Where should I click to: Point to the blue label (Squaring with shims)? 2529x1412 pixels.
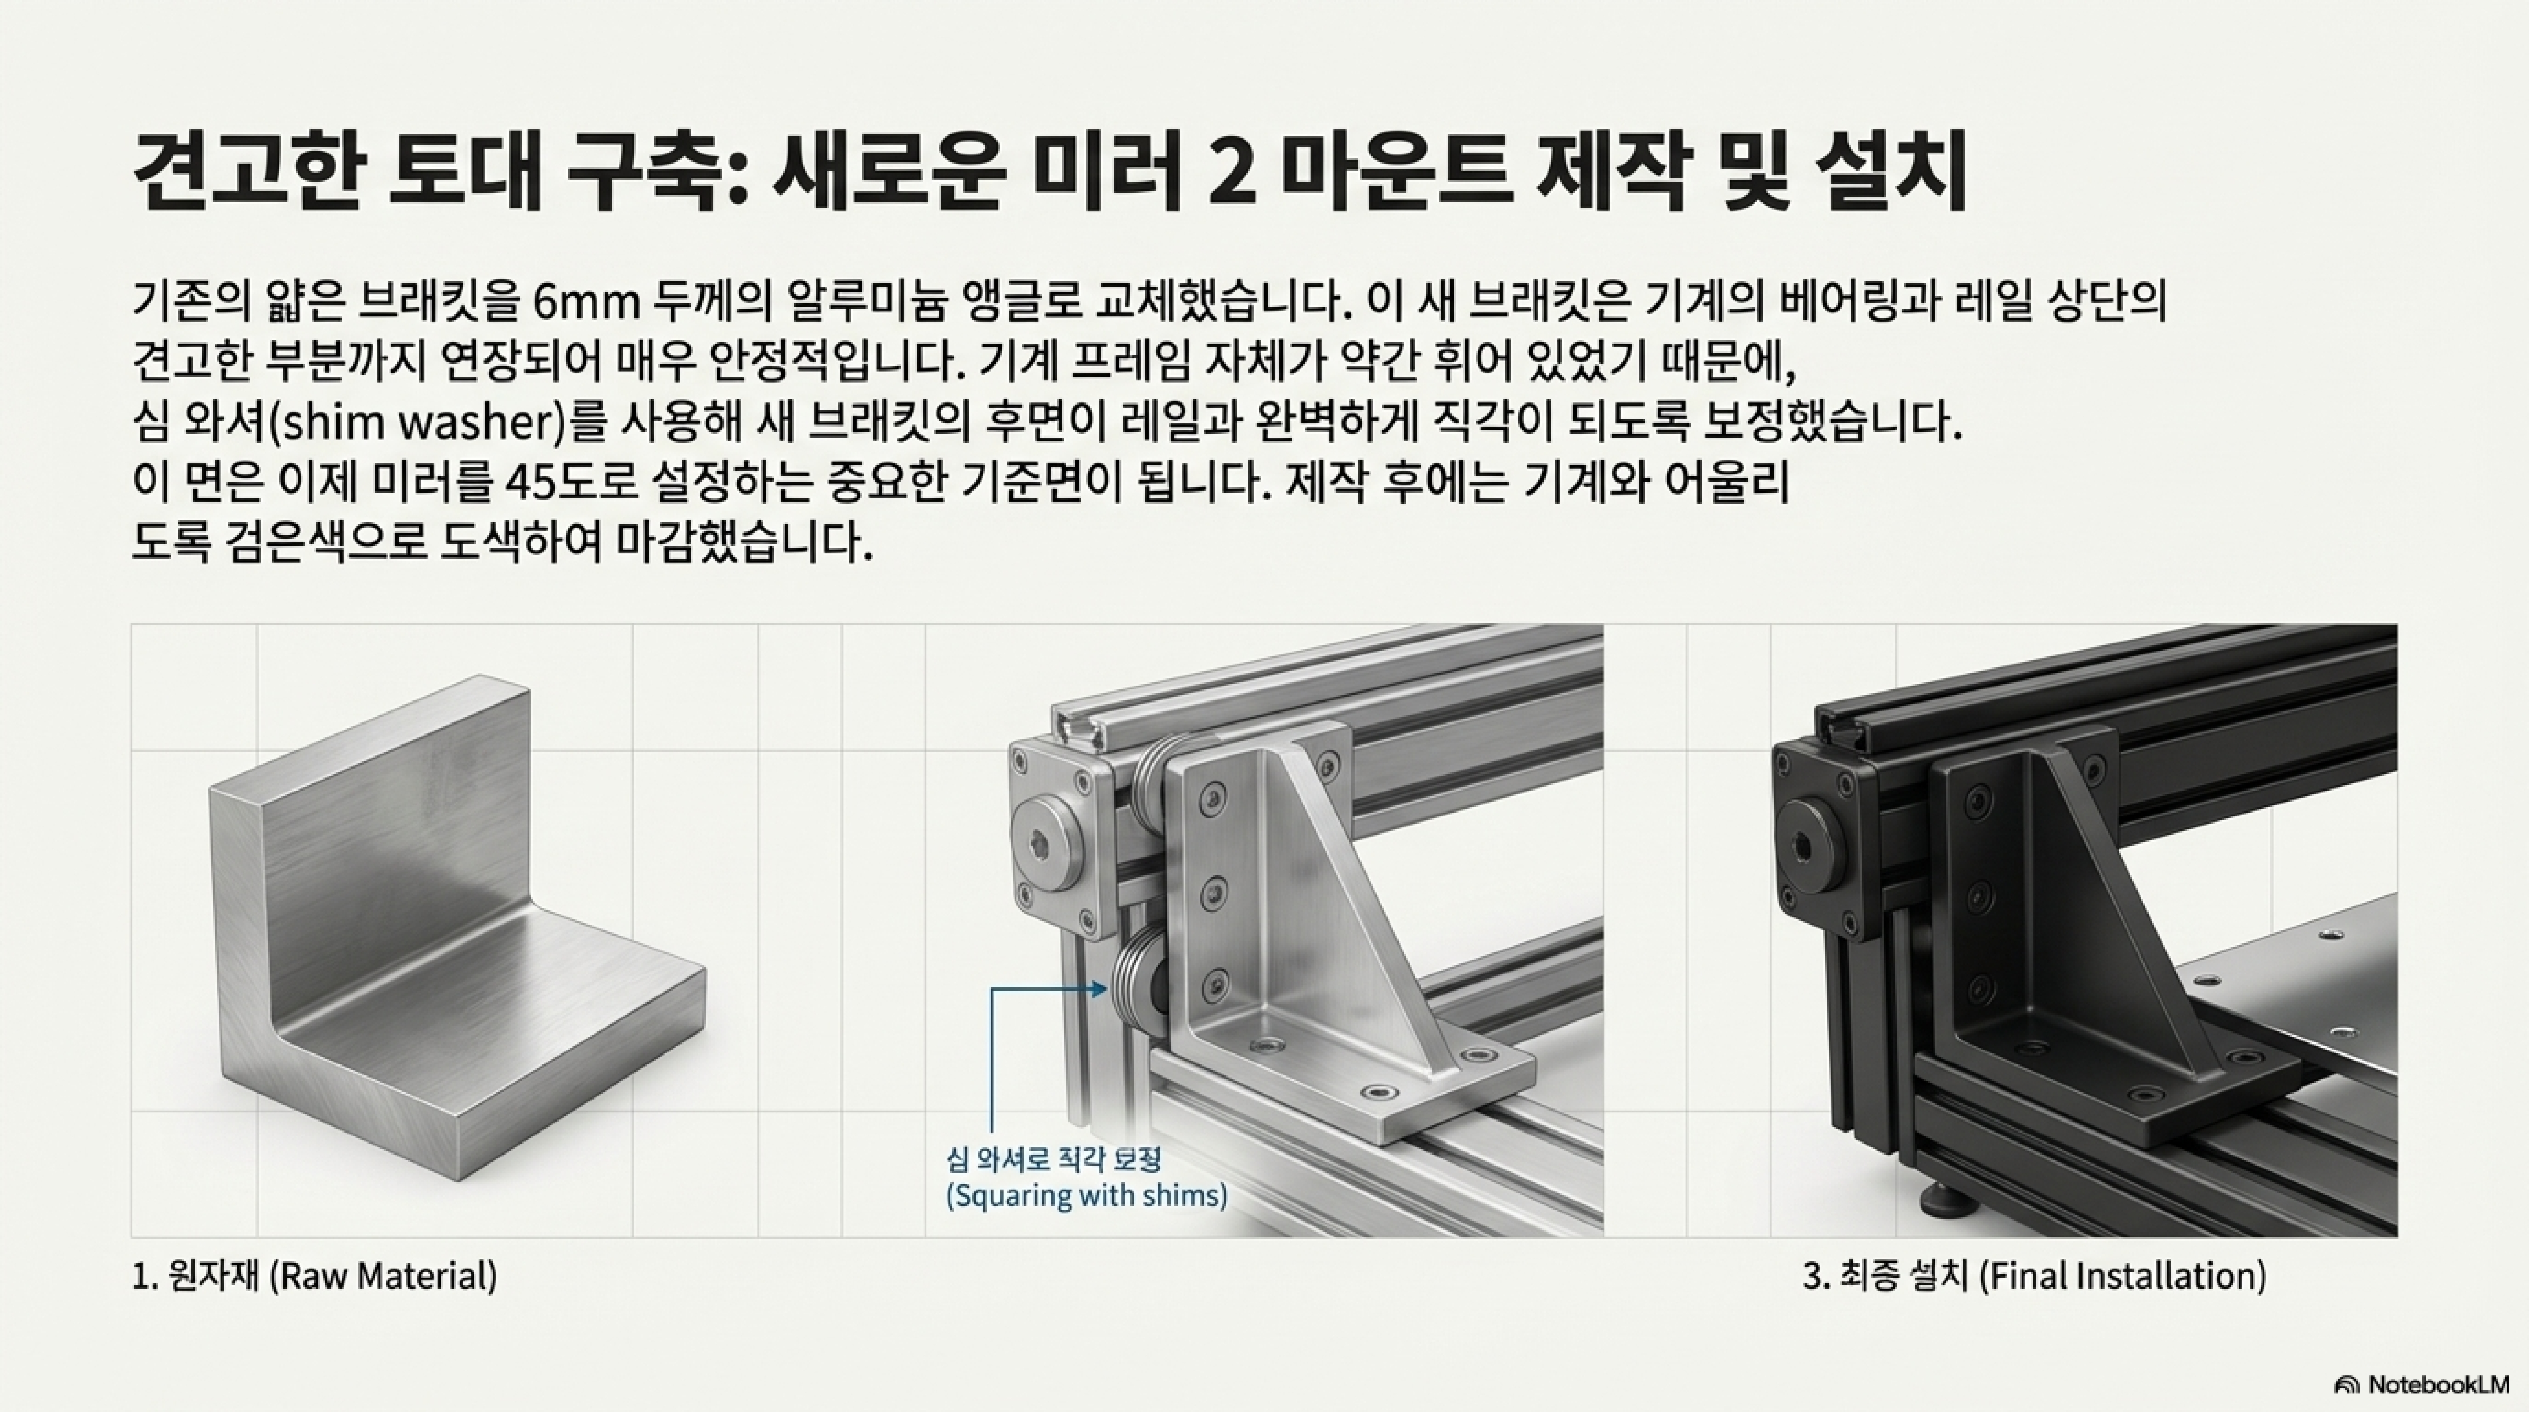[1086, 1196]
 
